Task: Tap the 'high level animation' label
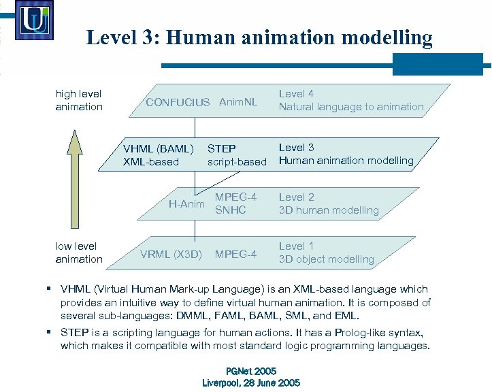pos(79,100)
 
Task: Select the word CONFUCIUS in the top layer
pos(178,102)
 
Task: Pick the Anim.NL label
pos(238,102)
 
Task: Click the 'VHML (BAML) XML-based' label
pos(158,154)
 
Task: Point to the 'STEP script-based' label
pos(237,154)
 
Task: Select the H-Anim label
pos(186,203)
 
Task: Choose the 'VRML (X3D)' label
pos(171,255)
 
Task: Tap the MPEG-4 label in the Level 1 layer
pos(235,255)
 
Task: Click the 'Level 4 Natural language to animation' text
pos(351,100)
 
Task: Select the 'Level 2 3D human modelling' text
pos(329,203)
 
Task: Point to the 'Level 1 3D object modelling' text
pos(326,252)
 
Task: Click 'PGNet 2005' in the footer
pos(251,371)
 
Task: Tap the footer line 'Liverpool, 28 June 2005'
pos(251,382)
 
